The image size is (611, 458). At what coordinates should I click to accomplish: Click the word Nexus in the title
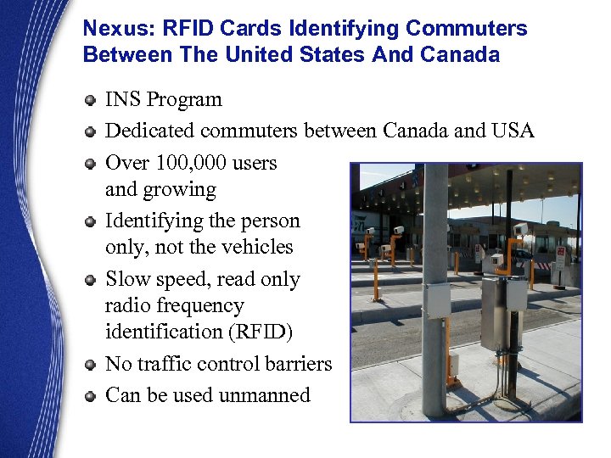pos(111,29)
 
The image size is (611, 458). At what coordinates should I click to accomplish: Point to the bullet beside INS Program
pos(90,101)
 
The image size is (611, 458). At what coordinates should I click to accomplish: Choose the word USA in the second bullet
pos(512,131)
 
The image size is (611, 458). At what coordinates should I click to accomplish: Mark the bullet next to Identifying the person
pos(90,222)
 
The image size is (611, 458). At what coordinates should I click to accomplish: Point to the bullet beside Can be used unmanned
pos(90,397)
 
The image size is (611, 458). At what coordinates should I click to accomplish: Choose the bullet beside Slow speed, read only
pos(90,281)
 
